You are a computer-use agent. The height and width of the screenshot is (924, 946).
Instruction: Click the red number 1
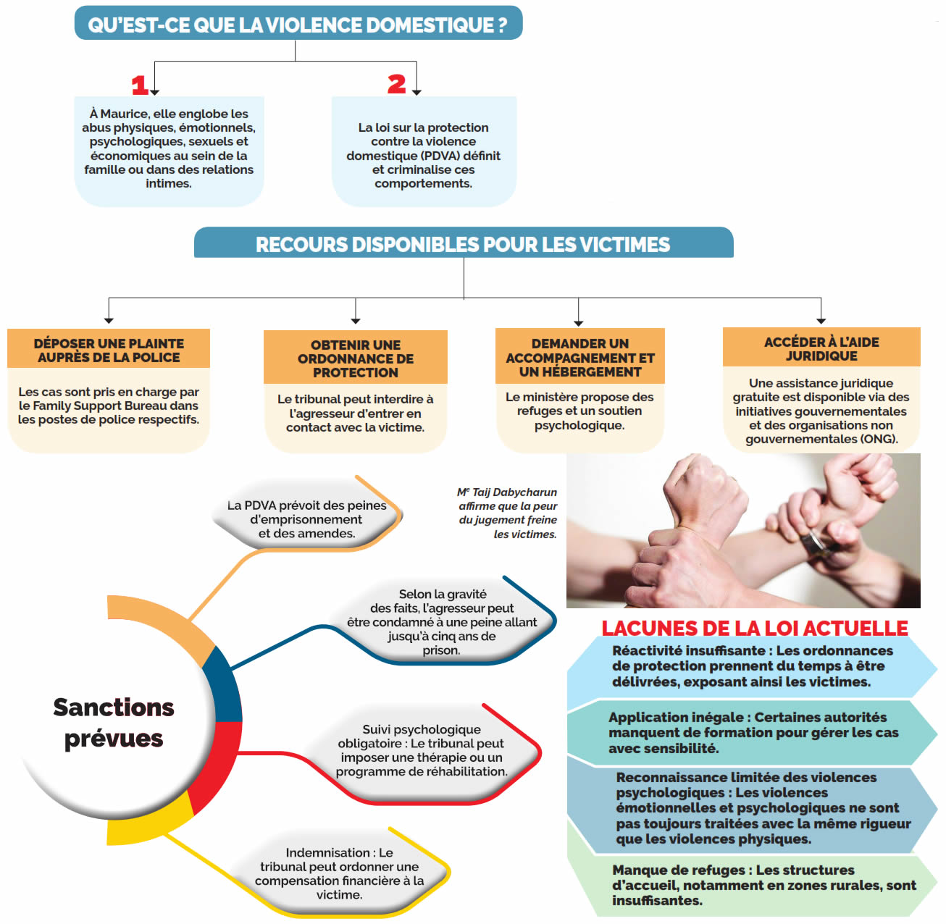140,85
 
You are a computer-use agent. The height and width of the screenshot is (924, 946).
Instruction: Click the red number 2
396,84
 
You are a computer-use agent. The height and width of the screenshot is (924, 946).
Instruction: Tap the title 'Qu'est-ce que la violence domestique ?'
298,25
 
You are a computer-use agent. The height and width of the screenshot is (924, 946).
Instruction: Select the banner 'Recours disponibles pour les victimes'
463,244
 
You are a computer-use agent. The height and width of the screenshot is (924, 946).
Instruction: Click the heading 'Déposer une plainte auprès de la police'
109,350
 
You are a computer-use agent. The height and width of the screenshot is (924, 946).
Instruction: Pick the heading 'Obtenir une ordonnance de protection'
356,358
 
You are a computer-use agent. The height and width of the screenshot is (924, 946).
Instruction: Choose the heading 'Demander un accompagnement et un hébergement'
579,358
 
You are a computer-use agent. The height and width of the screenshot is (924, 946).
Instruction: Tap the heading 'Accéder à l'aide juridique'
821,348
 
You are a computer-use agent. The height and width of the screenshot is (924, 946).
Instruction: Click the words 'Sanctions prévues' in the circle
114,723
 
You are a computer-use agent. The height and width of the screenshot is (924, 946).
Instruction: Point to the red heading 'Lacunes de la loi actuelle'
755,628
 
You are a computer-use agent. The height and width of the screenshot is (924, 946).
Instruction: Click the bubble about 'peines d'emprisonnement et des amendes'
306,519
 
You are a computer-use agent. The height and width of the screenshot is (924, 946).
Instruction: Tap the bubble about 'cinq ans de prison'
442,622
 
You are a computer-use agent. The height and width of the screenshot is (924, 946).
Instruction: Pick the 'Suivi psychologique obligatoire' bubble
422,750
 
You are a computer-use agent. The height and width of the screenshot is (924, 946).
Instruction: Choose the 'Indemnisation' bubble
339,873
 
